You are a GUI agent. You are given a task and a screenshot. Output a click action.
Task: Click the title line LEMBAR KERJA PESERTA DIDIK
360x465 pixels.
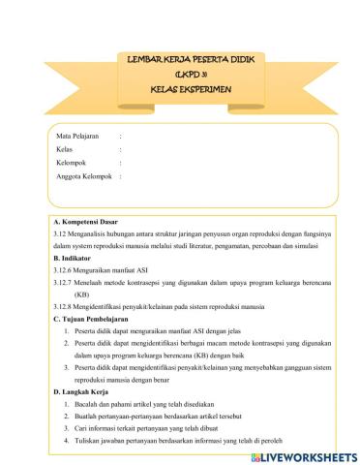point(180,60)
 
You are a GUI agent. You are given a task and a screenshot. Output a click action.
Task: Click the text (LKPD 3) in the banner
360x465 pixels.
point(180,74)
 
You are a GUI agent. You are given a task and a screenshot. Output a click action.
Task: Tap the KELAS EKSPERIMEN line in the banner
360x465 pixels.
point(180,87)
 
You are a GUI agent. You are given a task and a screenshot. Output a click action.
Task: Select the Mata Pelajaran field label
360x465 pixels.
point(76,137)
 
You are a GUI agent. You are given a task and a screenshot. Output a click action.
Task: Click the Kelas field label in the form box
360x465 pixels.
point(65,150)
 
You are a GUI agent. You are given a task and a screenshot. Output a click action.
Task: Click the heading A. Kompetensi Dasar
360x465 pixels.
point(85,222)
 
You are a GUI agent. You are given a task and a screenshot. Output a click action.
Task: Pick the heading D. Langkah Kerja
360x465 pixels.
point(82,391)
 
